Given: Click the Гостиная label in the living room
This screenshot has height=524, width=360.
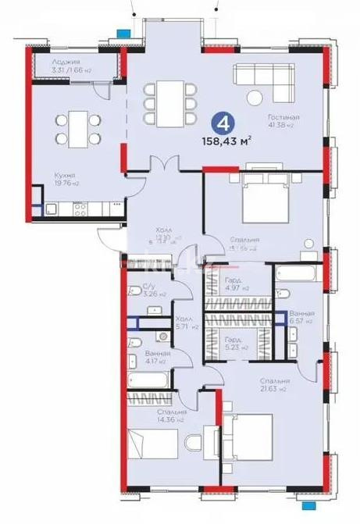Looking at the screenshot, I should (x=287, y=116).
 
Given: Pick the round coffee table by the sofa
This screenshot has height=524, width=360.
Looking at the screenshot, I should (x=255, y=98).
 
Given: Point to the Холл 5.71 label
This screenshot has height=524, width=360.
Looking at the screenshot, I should (x=184, y=322).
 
